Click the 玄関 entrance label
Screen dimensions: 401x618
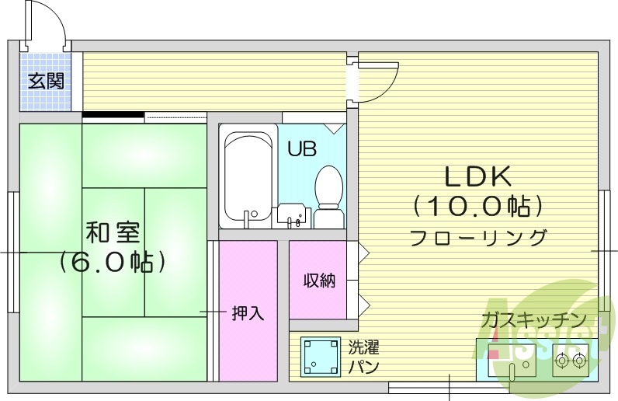coord(46,81)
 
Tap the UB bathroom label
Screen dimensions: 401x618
coord(302,149)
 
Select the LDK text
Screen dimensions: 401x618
coord(477,177)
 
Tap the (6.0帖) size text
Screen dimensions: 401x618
coord(113,261)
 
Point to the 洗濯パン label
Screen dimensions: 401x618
coord(363,357)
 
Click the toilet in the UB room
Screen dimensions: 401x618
coord(329,194)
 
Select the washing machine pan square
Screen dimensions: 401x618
coord(320,357)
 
